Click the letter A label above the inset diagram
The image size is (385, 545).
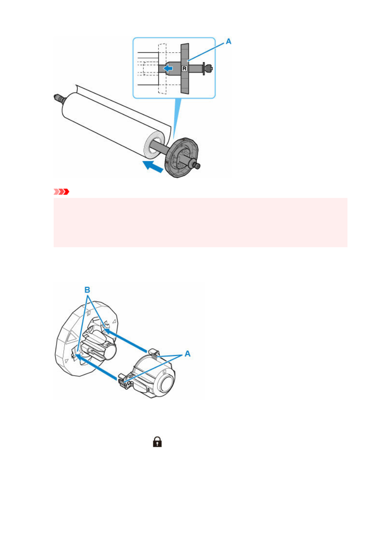tap(228, 42)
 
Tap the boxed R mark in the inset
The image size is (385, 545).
tap(184, 69)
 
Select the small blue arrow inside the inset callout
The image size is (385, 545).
tap(168, 69)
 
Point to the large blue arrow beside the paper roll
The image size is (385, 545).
tap(153, 166)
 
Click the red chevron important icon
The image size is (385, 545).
tap(61, 192)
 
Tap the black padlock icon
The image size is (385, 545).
tap(157, 442)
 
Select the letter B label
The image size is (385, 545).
tap(87, 290)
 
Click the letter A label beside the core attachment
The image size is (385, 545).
tap(187, 354)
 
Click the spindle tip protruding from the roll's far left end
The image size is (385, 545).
tap(58, 97)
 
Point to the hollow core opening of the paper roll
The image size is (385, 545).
tap(155, 145)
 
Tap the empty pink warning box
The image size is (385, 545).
tap(200, 222)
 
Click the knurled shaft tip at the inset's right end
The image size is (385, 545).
tap(208, 68)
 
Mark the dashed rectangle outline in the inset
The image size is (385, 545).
tap(162, 69)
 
